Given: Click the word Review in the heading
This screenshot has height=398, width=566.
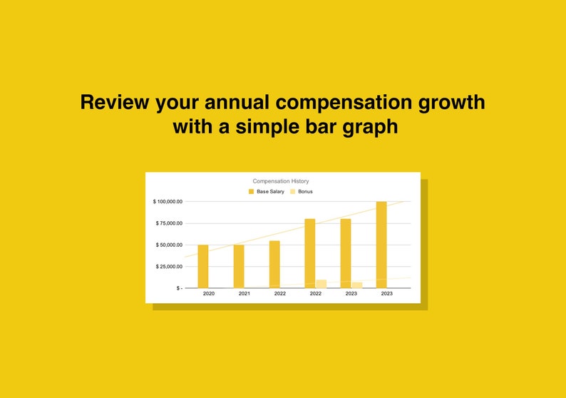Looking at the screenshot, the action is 115,102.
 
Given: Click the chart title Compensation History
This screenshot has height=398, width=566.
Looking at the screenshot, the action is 280,181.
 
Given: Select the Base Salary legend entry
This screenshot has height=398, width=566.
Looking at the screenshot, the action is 267,191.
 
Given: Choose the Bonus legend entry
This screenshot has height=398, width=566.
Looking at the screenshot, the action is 302,191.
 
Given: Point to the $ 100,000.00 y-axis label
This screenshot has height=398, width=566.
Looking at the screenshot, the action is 168,202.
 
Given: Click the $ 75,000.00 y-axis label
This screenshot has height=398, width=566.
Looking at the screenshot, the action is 169,223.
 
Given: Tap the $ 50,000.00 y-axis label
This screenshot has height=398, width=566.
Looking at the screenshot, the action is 169,245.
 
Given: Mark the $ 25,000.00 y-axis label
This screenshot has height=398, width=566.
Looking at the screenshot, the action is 169,267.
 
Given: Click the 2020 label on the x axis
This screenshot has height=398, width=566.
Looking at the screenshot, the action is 209,294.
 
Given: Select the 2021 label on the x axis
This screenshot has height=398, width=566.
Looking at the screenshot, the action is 244,294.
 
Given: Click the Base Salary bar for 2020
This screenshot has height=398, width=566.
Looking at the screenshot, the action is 203,267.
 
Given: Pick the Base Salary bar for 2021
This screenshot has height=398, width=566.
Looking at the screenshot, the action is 239,267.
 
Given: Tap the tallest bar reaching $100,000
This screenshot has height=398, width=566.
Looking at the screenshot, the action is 381,245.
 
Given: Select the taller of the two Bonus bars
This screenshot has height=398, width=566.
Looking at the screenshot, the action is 321,284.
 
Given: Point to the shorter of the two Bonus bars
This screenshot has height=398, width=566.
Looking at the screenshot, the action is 357,285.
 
